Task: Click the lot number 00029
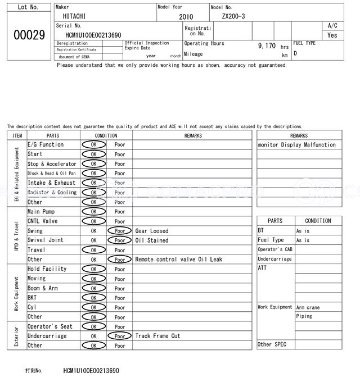click(x=29, y=35)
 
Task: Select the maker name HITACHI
click(x=74, y=17)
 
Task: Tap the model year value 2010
click(x=186, y=17)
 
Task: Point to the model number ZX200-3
click(x=233, y=17)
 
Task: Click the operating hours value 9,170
click(x=267, y=46)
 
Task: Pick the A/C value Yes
click(x=332, y=35)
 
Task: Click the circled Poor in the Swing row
click(x=120, y=231)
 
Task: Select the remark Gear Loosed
click(x=151, y=231)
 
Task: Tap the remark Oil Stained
click(x=151, y=240)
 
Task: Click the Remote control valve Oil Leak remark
click(x=178, y=260)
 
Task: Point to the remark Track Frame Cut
click(x=157, y=336)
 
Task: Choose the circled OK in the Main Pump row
click(x=93, y=212)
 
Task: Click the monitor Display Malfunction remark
click(x=296, y=145)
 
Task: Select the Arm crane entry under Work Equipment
click(x=308, y=307)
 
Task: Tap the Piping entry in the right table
click(x=304, y=316)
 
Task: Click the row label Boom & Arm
click(x=43, y=288)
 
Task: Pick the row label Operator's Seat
click(x=50, y=326)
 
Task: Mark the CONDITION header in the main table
click(x=106, y=135)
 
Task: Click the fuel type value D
click(x=295, y=54)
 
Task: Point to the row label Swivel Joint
click(x=46, y=240)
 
